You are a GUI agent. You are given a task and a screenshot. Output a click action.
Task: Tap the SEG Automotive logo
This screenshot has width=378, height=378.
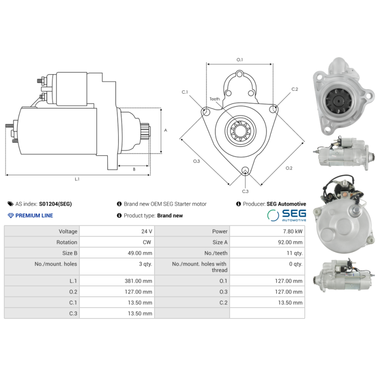[x=286, y=215]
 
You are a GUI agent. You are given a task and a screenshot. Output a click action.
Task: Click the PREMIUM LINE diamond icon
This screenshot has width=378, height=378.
[x=11, y=215]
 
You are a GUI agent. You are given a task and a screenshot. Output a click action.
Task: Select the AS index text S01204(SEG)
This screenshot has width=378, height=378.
[x=55, y=204]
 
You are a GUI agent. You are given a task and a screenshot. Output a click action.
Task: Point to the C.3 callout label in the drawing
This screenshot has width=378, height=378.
[x=245, y=191]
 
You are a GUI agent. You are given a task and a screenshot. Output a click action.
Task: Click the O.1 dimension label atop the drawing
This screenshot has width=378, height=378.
[x=240, y=60]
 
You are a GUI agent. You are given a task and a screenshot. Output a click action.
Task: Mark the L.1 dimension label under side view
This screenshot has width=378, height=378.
[x=77, y=179]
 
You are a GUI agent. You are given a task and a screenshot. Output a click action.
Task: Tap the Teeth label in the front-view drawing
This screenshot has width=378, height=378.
[x=215, y=99]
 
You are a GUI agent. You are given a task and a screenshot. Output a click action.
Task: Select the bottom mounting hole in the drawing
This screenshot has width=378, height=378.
[x=245, y=171]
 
